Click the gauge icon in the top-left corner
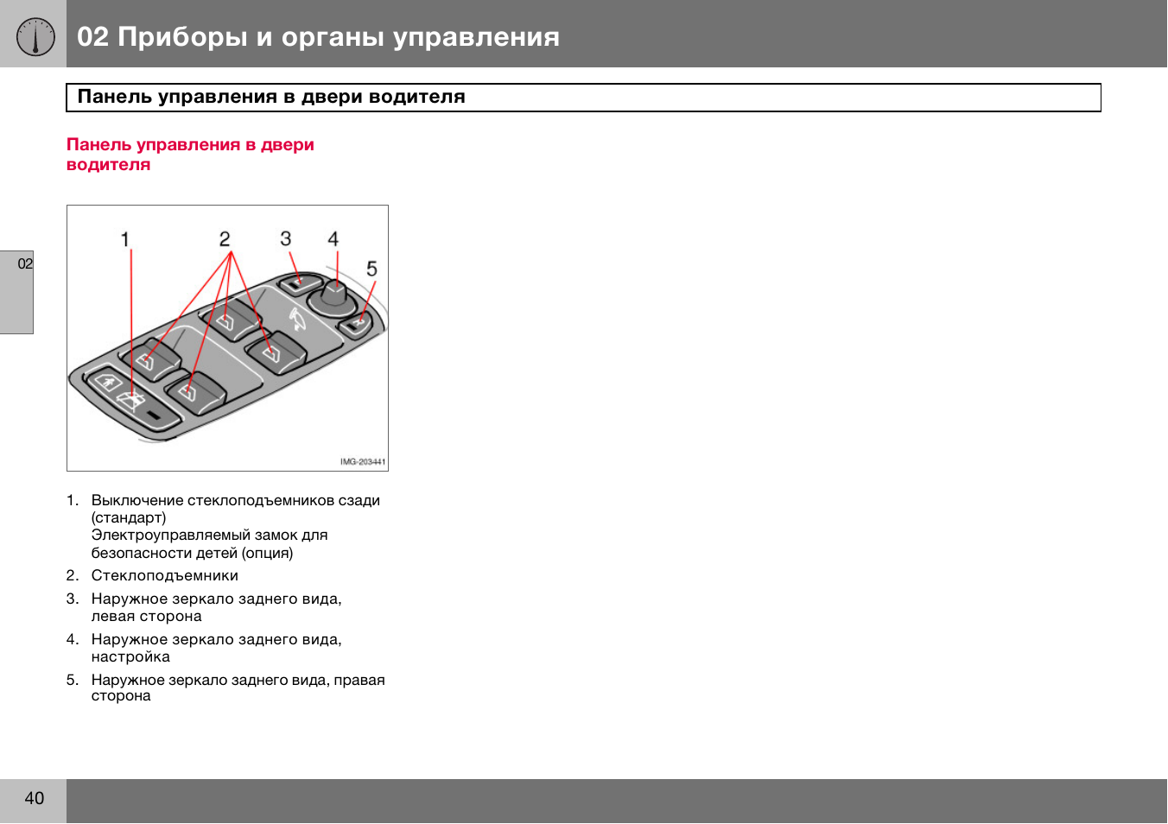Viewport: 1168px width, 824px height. tap(35, 36)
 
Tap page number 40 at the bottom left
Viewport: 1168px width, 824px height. tap(34, 799)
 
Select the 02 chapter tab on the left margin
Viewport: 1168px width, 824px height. tap(25, 264)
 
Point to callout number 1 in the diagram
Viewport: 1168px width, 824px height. tap(125, 239)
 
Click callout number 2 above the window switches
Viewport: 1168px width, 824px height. tap(225, 239)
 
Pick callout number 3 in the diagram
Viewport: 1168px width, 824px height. tap(285, 238)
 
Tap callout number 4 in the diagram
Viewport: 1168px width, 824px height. tap(333, 239)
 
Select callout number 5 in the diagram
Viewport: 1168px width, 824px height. tap(371, 269)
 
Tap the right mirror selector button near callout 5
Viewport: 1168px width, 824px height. tap(355, 325)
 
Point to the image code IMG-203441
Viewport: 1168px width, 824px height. tap(363, 462)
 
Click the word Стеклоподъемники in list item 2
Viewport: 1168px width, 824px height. tap(164, 576)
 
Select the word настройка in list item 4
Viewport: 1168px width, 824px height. tap(130, 657)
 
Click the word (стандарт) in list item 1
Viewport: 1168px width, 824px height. tap(129, 518)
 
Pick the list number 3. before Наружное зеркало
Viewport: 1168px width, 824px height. tap(73, 599)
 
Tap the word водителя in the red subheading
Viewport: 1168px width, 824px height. tap(108, 165)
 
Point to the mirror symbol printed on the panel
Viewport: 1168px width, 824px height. tap(296, 320)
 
